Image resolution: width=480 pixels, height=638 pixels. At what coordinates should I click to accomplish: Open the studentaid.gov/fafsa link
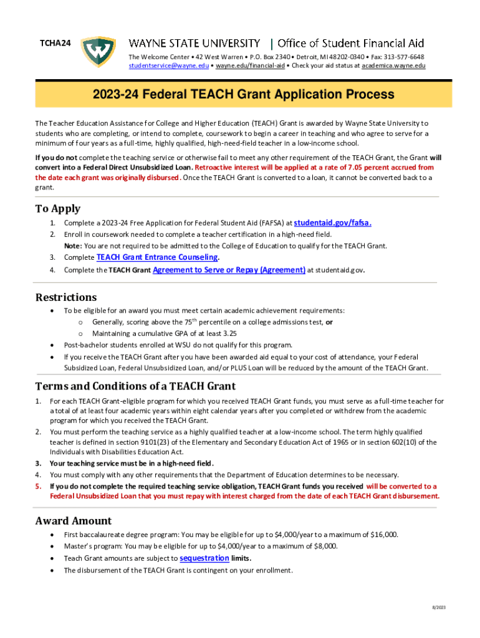click(x=333, y=222)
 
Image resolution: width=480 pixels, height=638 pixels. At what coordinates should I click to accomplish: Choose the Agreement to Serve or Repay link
click(x=229, y=270)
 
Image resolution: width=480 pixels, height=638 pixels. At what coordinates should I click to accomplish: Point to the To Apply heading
click(x=58, y=208)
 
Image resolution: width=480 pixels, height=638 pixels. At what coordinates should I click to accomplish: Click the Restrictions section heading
click(x=66, y=297)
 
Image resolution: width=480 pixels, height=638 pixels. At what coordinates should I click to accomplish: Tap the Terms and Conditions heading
click(x=135, y=386)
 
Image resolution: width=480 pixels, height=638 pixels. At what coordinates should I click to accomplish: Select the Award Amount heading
click(x=74, y=520)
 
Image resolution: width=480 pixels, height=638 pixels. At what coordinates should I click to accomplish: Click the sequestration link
click(x=204, y=558)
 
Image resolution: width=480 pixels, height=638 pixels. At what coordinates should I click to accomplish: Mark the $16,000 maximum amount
click(x=384, y=535)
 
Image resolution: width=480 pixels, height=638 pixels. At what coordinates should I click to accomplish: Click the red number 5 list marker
click(x=38, y=486)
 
